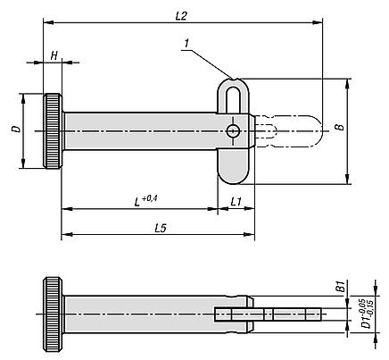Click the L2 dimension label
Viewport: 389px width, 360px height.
(x=181, y=16)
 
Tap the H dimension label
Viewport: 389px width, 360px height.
(x=54, y=55)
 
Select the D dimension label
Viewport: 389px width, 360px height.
(x=16, y=129)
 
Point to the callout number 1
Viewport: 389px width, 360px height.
(x=186, y=44)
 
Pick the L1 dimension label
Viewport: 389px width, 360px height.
(x=236, y=202)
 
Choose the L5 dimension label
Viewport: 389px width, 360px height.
(x=161, y=228)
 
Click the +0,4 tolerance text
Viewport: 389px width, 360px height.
(x=150, y=198)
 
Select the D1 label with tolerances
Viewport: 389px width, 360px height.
(x=368, y=313)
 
